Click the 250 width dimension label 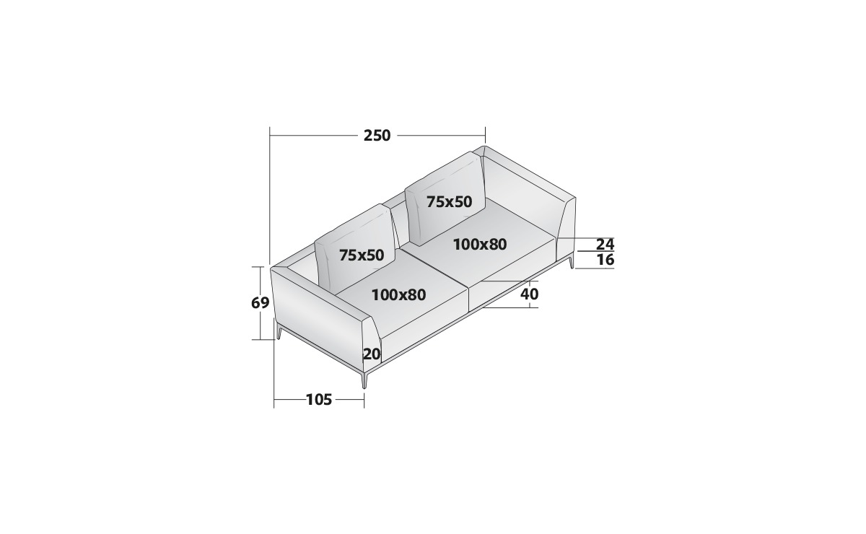coord(377,136)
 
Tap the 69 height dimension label coord(260,303)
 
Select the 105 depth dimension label coord(319,400)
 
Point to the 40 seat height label coord(529,294)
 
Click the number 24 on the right coord(605,245)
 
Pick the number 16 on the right coord(605,260)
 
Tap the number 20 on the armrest coord(372,354)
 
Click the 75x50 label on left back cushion coord(362,255)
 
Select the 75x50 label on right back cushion coord(449,202)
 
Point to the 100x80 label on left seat coord(398,295)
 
